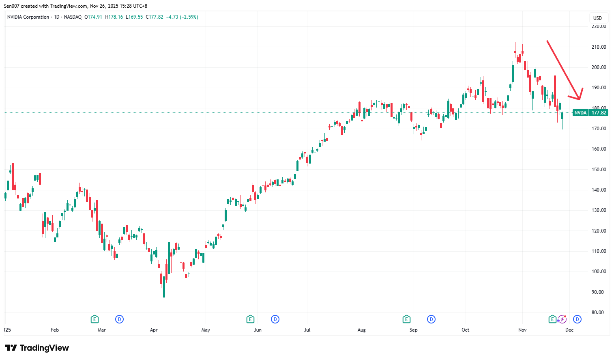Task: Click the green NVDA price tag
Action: (590, 113)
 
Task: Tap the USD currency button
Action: (597, 18)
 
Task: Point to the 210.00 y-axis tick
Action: (599, 47)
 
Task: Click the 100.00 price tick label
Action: (599, 272)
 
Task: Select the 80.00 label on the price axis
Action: (599, 313)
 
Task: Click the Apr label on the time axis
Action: (154, 330)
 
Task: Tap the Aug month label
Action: (361, 330)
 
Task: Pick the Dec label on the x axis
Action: (569, 330)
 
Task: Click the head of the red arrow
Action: (580, 99)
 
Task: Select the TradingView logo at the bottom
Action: (37, 348)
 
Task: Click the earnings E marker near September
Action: (406, 319)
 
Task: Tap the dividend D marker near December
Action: (577, 319)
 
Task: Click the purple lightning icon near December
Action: (562, 319)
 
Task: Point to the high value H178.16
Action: (114, 17)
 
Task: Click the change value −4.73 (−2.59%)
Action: (182, 17)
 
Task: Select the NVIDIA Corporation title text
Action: (28, 17)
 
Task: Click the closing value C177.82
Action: (156, 17)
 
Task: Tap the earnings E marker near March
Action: (94, 319)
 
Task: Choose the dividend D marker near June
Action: (275, 319)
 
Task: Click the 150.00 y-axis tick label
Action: (599, 170)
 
